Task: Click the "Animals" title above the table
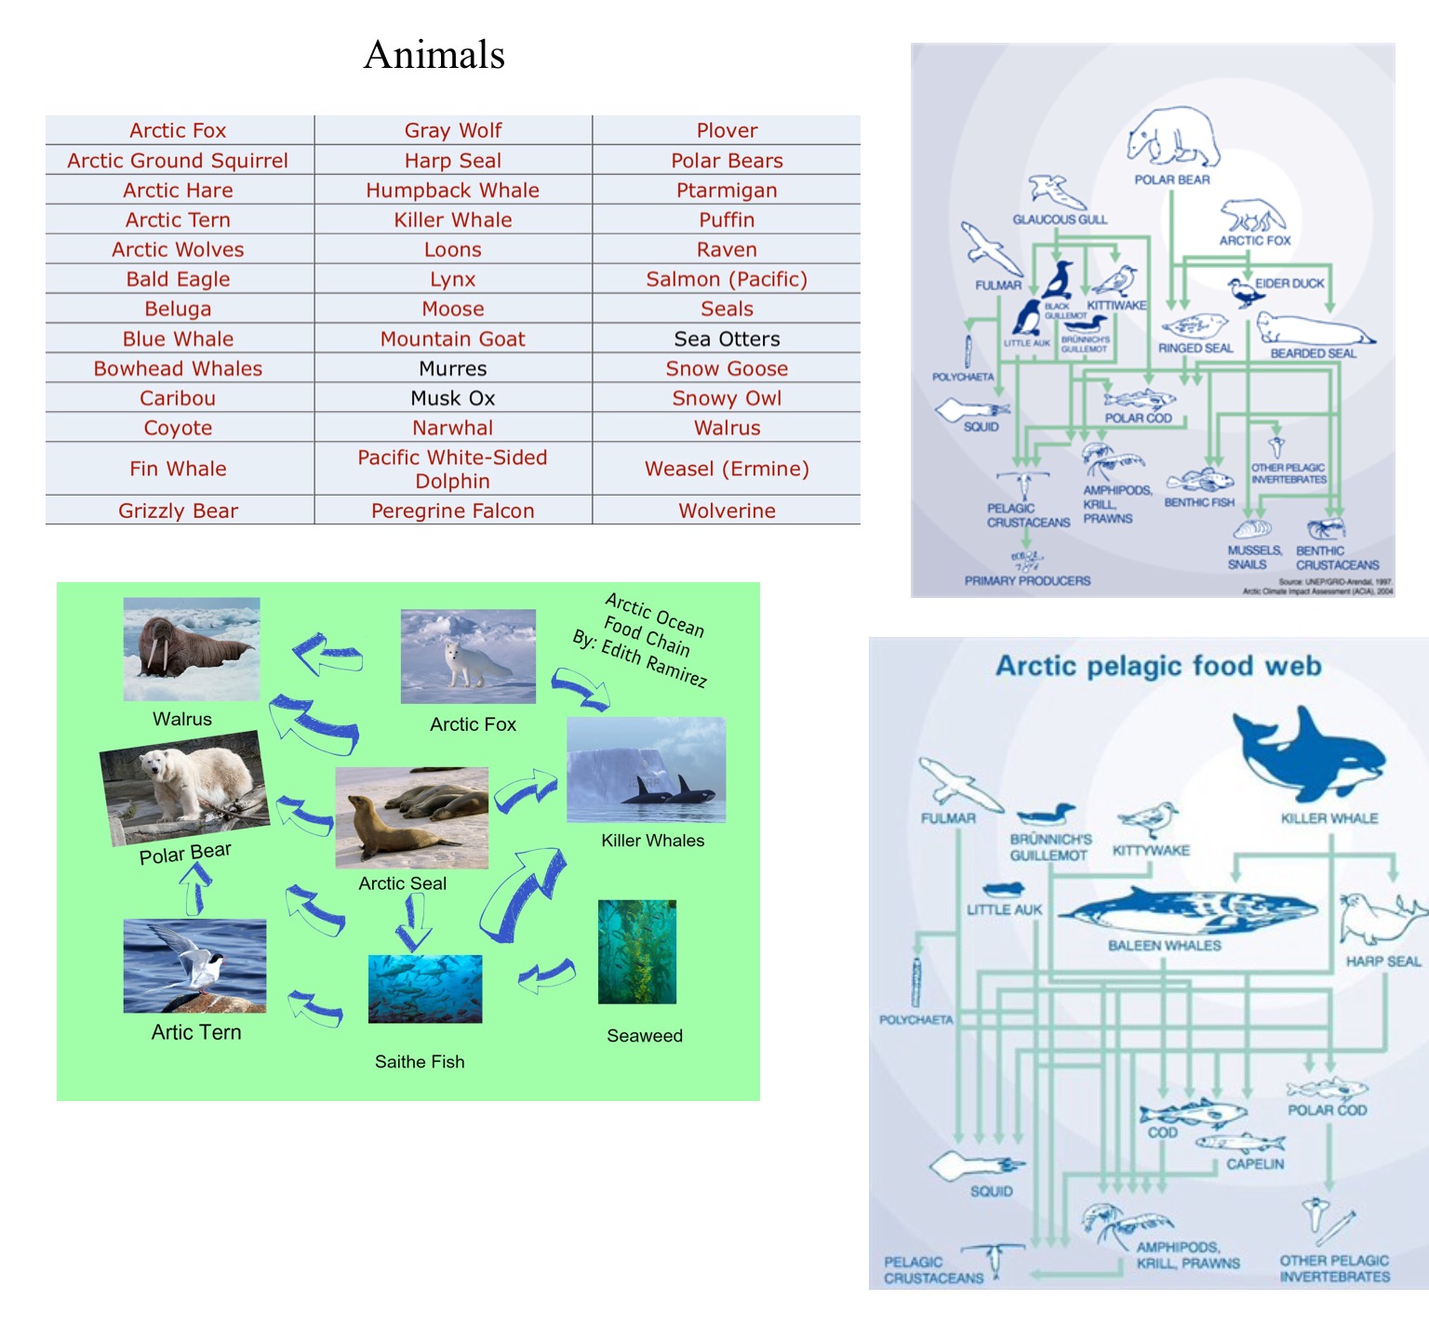point(434,55)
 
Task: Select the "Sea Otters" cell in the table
point(727,338)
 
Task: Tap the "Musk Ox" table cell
point(452,398)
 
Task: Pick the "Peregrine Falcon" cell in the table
point(452,511)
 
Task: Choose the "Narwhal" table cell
point(452,428)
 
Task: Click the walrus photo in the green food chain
point(192,649)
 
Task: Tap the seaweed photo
point(636,951)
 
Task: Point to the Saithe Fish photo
point(425,989)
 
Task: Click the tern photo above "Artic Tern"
point(194,965)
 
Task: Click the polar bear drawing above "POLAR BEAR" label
point(1172,138)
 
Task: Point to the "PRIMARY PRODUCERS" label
point(1027,581)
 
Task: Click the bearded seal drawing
point(1313,330)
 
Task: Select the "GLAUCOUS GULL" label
point(1060,219)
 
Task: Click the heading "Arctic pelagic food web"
point(1158,666)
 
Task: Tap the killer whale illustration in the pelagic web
point(1310,752)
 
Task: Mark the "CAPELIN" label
point(1254,1163)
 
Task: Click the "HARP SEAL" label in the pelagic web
point(1382,962)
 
